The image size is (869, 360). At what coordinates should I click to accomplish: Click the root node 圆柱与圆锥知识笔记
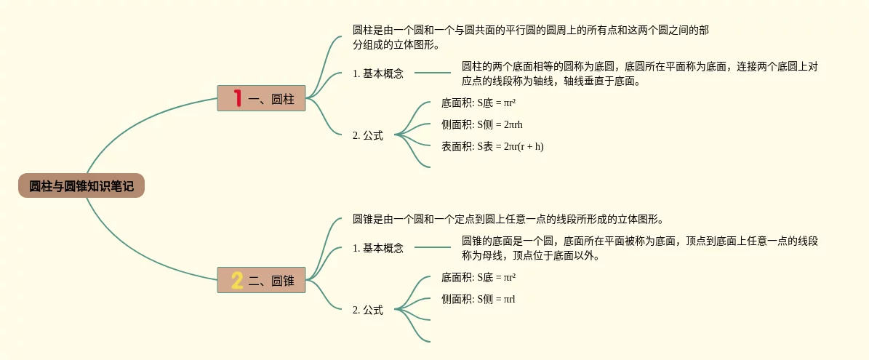click(x=81, y=186)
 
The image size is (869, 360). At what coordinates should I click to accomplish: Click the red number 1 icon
click(x=236, y=97)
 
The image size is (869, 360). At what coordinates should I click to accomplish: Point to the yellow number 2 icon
click(x=237, y=280)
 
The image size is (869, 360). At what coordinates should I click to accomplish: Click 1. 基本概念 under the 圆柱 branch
click(x=377, y=73)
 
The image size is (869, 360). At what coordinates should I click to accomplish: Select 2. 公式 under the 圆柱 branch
click(x=367, y=135)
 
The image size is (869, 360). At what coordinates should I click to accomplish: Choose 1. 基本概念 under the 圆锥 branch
click(x=377, y=248)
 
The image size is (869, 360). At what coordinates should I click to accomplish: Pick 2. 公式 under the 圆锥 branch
click(x=367, y=310)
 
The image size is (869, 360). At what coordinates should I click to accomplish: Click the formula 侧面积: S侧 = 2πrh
click(x=481, y=124)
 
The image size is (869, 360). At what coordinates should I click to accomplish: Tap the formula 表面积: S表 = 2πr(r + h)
click(x=492, y=146)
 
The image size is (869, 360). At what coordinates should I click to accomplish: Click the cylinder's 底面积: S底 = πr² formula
click(x=478, y=103)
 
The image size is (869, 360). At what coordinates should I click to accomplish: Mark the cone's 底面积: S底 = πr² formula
click(x=478, y=277)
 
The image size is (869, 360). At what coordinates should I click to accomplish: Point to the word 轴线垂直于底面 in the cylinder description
click(x=604, y=81)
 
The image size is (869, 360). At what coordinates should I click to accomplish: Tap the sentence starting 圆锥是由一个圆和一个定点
click(x=508, y=219)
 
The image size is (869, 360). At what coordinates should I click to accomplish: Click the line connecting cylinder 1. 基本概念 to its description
click(x=433, y=73)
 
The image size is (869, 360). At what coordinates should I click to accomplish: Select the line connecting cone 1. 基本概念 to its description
click(x=433, y=247)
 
